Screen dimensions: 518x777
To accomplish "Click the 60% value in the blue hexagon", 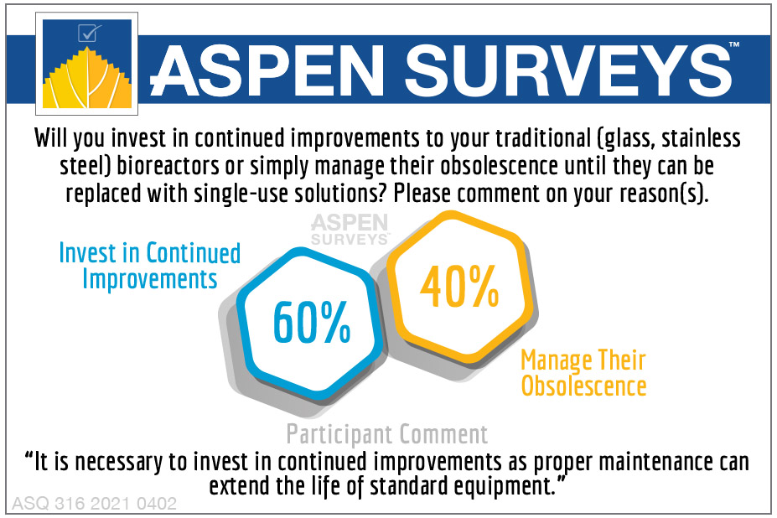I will coord(312,321).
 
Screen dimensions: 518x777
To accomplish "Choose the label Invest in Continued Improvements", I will coord(149,265).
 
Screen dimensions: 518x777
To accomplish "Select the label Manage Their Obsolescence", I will coord(583,373).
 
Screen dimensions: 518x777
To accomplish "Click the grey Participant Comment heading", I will coord(386,435).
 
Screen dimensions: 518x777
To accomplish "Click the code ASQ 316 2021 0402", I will coord(94,504).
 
